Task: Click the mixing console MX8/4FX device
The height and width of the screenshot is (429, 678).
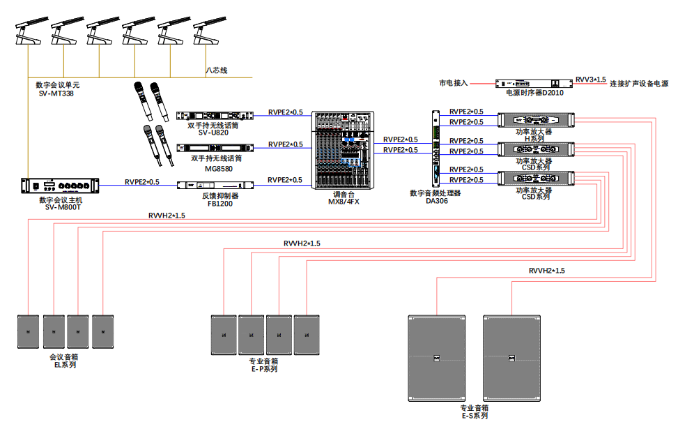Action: point(344,149)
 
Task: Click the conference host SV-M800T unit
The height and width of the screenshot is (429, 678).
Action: point(60,186)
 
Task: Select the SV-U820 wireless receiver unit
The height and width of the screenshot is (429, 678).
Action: point(213,115)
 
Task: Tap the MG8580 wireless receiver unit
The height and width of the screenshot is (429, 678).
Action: point(213,147)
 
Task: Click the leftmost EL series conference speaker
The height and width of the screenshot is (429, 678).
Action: point(29,331)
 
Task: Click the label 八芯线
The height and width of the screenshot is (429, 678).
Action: point(217,70)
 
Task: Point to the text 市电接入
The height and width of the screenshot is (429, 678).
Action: point(453,83)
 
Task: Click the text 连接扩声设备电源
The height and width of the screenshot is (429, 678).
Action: point(638,84)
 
